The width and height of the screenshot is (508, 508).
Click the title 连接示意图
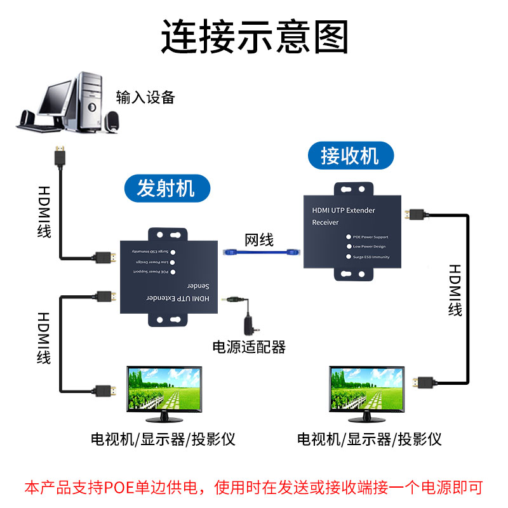pos(254,36)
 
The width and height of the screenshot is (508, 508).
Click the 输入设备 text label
pos(145,97)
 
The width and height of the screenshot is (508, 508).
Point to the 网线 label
pos(259,239)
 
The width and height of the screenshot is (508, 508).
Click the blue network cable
pos(260,253)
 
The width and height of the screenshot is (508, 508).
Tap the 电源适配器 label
pos(248,347)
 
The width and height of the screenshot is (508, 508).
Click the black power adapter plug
pos(248,323)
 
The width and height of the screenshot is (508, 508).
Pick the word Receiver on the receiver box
pos(325,222)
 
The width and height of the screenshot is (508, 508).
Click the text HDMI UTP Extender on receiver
pos(344,210)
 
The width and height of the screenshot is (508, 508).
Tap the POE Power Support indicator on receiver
pos(348,237)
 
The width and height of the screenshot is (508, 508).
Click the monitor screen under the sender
pos(164,391)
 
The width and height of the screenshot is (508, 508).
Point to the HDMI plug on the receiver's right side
pos(416,214)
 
